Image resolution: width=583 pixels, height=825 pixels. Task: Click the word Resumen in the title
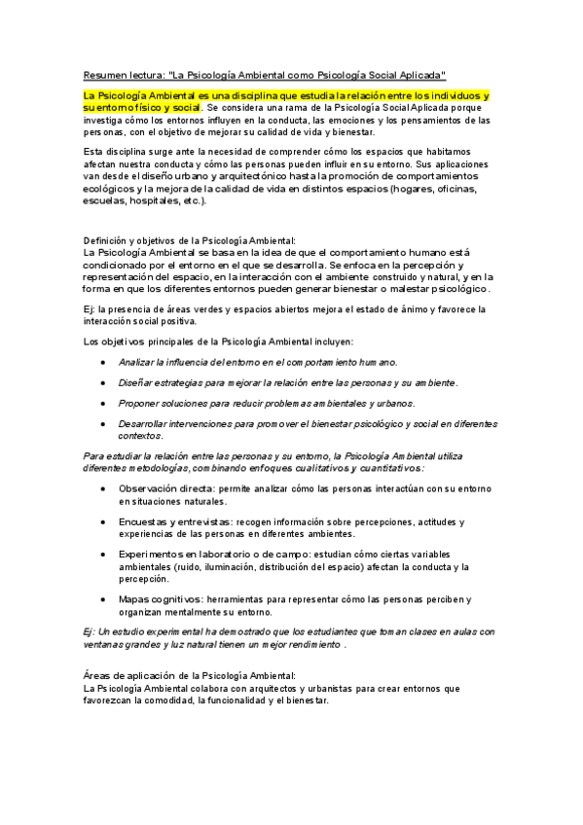pyautogui.click(x=98, y=74)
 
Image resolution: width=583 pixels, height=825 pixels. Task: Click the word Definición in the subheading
pyautogui.click(x=106, y=239)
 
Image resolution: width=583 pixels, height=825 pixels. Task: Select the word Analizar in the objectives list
pyautogui.click(x=138, y=361)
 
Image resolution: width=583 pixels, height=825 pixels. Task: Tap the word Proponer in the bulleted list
pyautogui.click(x=141, y=403)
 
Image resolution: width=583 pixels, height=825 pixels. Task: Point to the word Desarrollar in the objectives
pyautogui.click(x=146, y=424)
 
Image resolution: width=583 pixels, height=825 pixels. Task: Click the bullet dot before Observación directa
pyautogui.click(x=104, y=490)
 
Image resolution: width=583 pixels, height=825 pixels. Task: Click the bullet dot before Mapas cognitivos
pyautogui.click(x=104, y=598)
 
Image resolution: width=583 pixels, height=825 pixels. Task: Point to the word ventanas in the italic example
pyautogui.click(x=102, y=644)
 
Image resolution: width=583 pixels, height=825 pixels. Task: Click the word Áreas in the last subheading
pyautogui.click(x=97, y=675)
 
